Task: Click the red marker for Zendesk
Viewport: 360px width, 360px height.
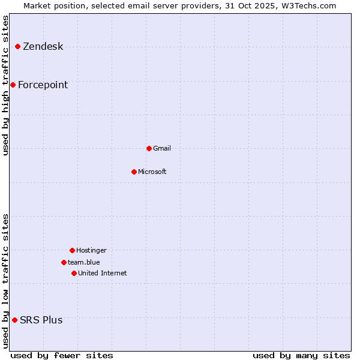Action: pos(18,46)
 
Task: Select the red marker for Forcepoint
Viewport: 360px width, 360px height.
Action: pos(13,85)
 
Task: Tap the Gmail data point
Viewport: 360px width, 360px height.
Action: pos(149,148)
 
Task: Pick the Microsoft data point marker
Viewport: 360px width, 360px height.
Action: pos(134,172)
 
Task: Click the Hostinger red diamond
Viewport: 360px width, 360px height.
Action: pos(72,250)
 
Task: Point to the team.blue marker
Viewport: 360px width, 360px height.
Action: pos(64,262)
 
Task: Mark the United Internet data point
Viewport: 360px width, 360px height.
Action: pos(74,273)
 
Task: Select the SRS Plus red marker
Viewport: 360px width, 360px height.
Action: pos(14,320)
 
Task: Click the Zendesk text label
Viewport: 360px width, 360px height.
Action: pos(43,47)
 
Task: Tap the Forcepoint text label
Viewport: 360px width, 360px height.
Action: pos(43,85)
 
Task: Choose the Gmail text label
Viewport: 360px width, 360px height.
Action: pos(162,148)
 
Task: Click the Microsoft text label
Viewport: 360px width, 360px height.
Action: pos(152,172)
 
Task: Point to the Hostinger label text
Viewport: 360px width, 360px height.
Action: pos(91,250)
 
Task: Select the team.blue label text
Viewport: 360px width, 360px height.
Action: pos(84,262)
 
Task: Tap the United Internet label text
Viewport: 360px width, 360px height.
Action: pos(103,273)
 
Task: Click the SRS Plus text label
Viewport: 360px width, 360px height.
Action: pos(41,320)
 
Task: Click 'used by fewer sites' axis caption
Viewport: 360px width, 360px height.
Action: pos(62,355)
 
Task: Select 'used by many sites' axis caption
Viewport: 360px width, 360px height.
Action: pos(301,355)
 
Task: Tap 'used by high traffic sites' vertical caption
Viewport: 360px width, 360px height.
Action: pos(6,85)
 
